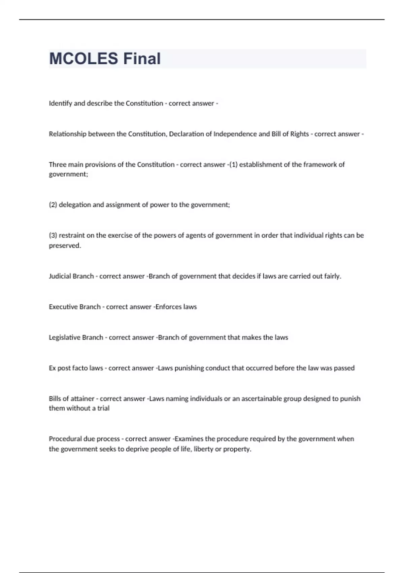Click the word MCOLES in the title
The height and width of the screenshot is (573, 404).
83,59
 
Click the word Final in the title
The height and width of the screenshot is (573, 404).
142,59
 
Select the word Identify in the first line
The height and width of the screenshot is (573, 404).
60,103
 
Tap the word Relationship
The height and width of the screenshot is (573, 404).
67,134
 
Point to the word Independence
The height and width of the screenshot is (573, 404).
235,134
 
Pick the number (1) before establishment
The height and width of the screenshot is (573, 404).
233,164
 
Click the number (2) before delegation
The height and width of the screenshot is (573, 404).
53,205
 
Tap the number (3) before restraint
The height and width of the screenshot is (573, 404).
53,235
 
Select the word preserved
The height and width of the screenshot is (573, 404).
65,246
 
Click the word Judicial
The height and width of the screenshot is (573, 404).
60,276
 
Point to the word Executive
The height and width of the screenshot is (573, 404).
63,307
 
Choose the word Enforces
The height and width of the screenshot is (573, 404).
164,307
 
